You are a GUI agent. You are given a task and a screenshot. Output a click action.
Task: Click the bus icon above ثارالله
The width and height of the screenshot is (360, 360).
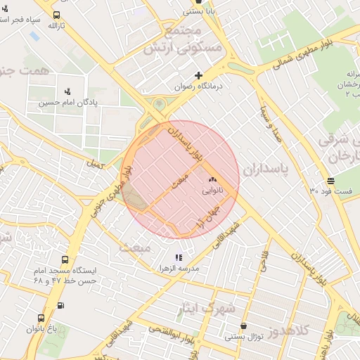pyautogui.click(x=56, y=15)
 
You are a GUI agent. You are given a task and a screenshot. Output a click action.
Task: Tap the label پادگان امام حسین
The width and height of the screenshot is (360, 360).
pyautogui.click(x=67, y=103)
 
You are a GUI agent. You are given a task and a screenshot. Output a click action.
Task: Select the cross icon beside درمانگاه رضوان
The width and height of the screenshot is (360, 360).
pyautogui.click(x=199, y=75)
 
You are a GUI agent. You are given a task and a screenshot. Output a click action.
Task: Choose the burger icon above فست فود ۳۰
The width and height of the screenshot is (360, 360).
pyautogui.click(x=331, y=180)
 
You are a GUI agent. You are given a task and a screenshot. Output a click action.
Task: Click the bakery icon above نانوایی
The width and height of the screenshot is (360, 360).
pyautogui.click(x=212, y=180)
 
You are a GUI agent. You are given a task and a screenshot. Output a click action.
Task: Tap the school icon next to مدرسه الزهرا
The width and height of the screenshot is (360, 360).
pyautogui.click(x=179, y=257)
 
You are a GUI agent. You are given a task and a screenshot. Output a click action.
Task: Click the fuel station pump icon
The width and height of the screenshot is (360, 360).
pyautogui.click(x=60, y=305)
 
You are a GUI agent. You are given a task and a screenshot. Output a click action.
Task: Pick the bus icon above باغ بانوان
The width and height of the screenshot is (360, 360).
pyautogui.click(x=41, y=319)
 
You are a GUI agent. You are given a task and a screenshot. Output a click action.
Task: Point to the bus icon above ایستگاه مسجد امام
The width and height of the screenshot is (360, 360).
pyautogui.click(x=65, y=259)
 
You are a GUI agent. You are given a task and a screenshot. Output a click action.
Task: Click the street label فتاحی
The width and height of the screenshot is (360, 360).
pyautogui.click(x=265, y=262)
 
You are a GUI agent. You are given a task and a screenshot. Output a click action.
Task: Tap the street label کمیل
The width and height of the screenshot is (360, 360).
pyautogui.click(x=94, y=164)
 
